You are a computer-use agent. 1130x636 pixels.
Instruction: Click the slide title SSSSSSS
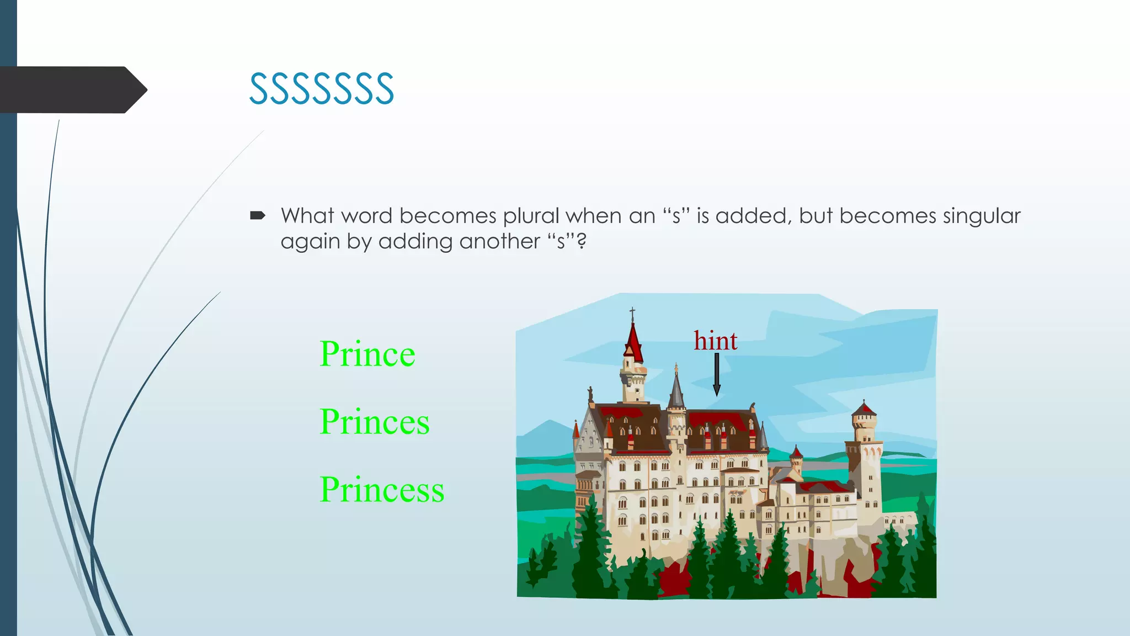322,89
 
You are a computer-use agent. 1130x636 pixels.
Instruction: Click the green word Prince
367,354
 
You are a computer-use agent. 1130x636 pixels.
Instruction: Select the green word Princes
374,422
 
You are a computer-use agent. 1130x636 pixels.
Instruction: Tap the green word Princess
382,490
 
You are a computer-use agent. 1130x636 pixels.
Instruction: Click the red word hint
715,341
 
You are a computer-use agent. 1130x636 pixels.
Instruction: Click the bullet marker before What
258,216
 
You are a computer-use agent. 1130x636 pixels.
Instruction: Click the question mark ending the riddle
581,241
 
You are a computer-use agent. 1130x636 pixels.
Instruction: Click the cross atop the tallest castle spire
632,314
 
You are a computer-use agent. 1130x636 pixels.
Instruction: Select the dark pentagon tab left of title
72,89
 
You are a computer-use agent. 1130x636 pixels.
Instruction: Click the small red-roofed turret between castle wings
796,460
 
